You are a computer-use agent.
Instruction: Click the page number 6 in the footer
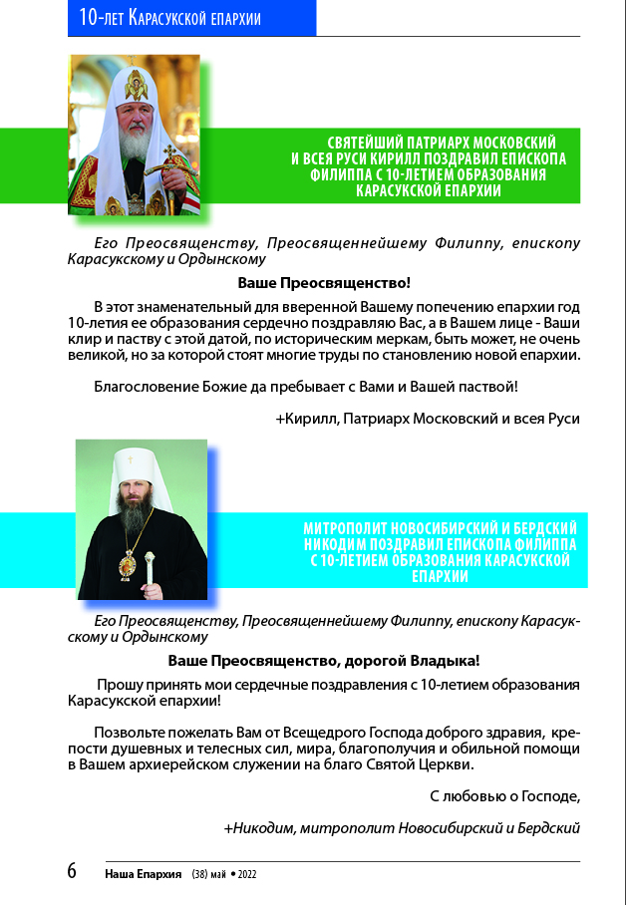click(72, 870)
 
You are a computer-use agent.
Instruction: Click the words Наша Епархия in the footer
click(143, 874)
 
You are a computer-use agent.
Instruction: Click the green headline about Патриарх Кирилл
click(428, 166)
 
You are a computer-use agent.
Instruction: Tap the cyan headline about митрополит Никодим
click(440, 550)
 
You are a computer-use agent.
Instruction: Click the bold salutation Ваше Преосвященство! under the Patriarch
click(324, 282)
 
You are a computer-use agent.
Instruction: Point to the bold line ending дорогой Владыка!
click(324, 660)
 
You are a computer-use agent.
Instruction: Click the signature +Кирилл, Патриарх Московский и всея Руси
click(428, 419)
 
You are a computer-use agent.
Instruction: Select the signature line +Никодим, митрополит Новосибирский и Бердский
click(402, 827)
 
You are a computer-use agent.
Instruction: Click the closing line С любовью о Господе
click(504, 796)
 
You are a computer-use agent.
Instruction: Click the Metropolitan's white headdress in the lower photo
click(132, 467)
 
